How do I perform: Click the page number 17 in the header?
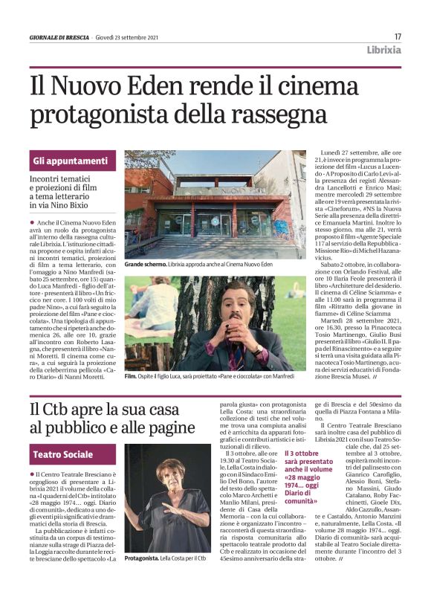click(x=398, y=36)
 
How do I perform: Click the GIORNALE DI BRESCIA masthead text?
click(x=59, y=37)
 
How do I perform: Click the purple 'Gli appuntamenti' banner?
click(x=71, y=161)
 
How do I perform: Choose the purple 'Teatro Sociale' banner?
click(x=63, y=454)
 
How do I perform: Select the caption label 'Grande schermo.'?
click(x=146, y=265)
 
